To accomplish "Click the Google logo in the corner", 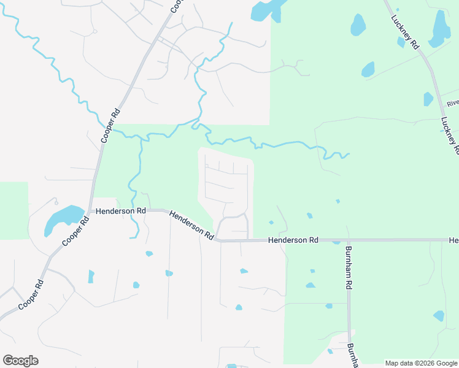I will (20, 361).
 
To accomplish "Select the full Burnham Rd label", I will (348, 267).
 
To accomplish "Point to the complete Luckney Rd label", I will (405, 33).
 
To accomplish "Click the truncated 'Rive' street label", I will (452, 104).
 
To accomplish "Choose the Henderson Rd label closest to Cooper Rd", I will (116, 210).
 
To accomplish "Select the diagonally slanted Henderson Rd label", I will (191, 225).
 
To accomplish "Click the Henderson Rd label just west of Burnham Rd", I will (293, 240).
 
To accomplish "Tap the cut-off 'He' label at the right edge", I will (453, 240).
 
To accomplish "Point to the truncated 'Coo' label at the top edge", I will (176, 7).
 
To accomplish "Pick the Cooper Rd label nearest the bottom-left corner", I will (31, 296).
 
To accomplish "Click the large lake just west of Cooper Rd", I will (63, 218).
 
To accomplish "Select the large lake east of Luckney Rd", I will (441, 28).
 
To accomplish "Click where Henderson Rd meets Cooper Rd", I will (91, 211).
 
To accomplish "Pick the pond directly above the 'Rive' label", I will (428, 98).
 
